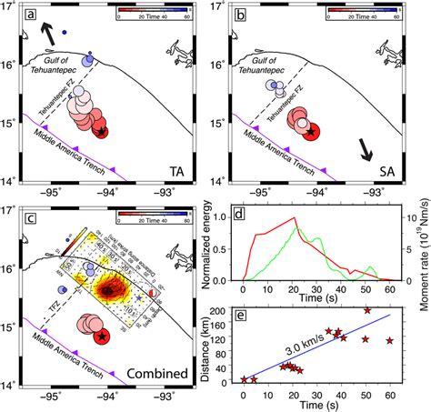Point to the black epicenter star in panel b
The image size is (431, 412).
pos(311,132)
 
